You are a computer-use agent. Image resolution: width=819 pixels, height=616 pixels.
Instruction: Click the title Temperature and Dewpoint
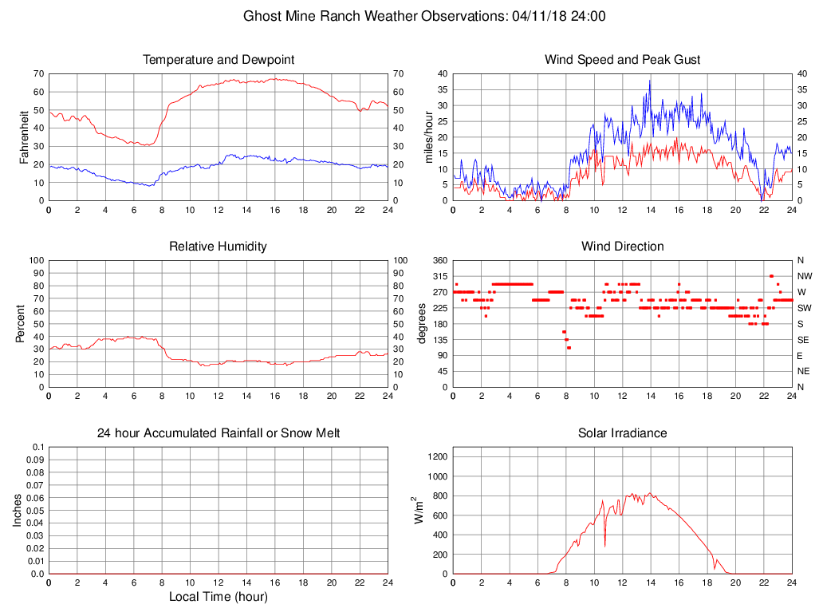pyautogui.click(x=218, y=60)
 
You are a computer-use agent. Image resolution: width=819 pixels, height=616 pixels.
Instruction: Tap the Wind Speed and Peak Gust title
pyautogui.click(x=622, y=60)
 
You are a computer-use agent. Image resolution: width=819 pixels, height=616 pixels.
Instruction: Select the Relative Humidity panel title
pyautogui.click(x=218, y=247)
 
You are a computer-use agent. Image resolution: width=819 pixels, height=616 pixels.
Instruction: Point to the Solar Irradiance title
pyautogui.click(x=622, y=433)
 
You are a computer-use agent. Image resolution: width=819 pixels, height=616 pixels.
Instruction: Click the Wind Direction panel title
pyautogui.click(x=622, y=247)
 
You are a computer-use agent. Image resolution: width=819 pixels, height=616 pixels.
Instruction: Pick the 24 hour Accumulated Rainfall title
pyautogui.click(x=218, y=433)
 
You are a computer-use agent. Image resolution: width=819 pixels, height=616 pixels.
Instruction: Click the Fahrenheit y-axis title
pyautogui.click(x=24, y=137)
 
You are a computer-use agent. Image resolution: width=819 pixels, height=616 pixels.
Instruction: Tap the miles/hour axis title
pyautogui.click(x=429, y=137)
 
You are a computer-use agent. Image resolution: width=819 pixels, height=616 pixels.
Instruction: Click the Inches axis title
pyautogui.click(x=18, y=511)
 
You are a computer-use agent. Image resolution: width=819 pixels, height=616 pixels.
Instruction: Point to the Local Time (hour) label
pyautogui.click(x=218, y=597)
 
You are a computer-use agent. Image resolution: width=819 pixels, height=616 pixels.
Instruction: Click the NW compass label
pyautogui.click(x=804, y=276)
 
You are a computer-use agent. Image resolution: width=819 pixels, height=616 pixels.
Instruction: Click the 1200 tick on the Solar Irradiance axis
pyautogui.click(x=438, y=457)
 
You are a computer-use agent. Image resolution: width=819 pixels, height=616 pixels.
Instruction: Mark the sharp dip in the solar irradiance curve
pyautogui.click(x=604, y=546)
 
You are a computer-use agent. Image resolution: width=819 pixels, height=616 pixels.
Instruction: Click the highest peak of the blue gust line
pyautogui.click(x=650, y=80)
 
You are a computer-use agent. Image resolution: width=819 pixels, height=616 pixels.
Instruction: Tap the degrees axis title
pyautogui.click(x=422, y=324)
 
